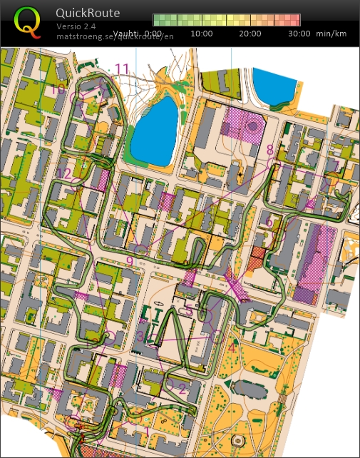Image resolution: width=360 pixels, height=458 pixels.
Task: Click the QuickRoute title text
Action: [89, 13]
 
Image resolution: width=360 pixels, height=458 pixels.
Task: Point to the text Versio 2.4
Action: [76, 26]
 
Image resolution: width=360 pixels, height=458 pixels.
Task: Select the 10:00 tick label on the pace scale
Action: [202, 34]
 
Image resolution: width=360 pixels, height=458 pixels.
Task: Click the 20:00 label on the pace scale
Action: [250, 34]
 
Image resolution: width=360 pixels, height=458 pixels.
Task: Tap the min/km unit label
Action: [332, 34]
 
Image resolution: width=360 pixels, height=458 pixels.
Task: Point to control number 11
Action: [122, 69]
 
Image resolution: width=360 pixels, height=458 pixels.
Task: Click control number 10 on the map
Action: [58, 88]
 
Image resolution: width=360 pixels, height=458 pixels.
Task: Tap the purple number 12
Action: [64, 173]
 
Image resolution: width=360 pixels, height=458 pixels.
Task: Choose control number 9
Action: [129, 261]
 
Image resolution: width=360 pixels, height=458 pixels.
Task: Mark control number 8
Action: [269, 150]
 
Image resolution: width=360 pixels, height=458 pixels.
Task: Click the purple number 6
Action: [269, 223]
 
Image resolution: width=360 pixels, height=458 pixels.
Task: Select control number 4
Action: [231, 348]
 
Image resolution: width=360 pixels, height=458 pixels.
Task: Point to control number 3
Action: [140, 335]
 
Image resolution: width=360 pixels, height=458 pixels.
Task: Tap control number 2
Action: [182, 389]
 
